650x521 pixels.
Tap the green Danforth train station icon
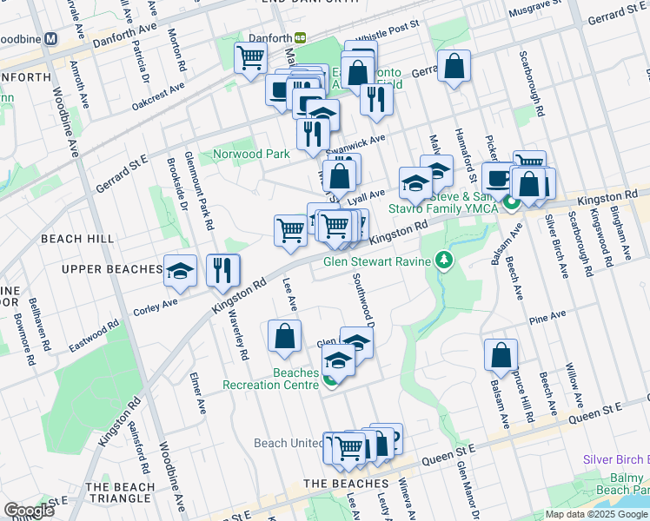coord(301,38)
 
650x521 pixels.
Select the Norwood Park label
coord(251,155)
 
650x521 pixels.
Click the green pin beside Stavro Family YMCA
coord(512,205)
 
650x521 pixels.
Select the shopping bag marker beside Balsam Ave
coord(501,354)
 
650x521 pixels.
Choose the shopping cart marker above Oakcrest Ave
coord(250,59)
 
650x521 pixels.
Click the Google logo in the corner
coord(29,511)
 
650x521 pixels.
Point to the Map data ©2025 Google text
coord(595,514)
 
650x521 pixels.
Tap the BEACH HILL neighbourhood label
coord(74,239)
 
